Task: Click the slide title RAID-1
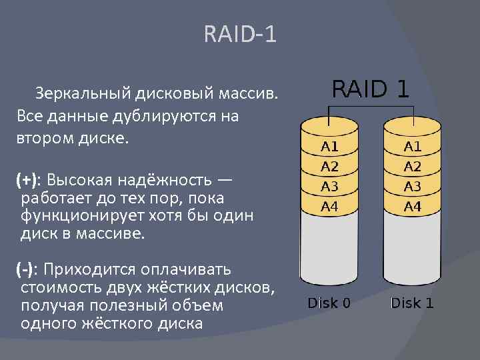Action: pos(240,34)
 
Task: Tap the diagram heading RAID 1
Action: pos(371,89)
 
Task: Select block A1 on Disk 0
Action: pos(329,146)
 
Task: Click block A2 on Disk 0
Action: pos(329,166)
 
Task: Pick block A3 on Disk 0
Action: pos(329,186)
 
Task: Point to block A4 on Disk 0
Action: pos(329,206)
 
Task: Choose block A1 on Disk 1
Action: pos(413,146)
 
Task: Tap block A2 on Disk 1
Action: pos(413,166)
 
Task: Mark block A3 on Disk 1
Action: pos(413,186)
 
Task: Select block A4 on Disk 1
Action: pos(413,206)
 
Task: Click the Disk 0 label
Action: pos(329,303)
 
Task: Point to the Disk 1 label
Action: pos(412,303)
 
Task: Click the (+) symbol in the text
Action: pos(27,180)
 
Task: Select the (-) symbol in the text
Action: pos(26,269)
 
